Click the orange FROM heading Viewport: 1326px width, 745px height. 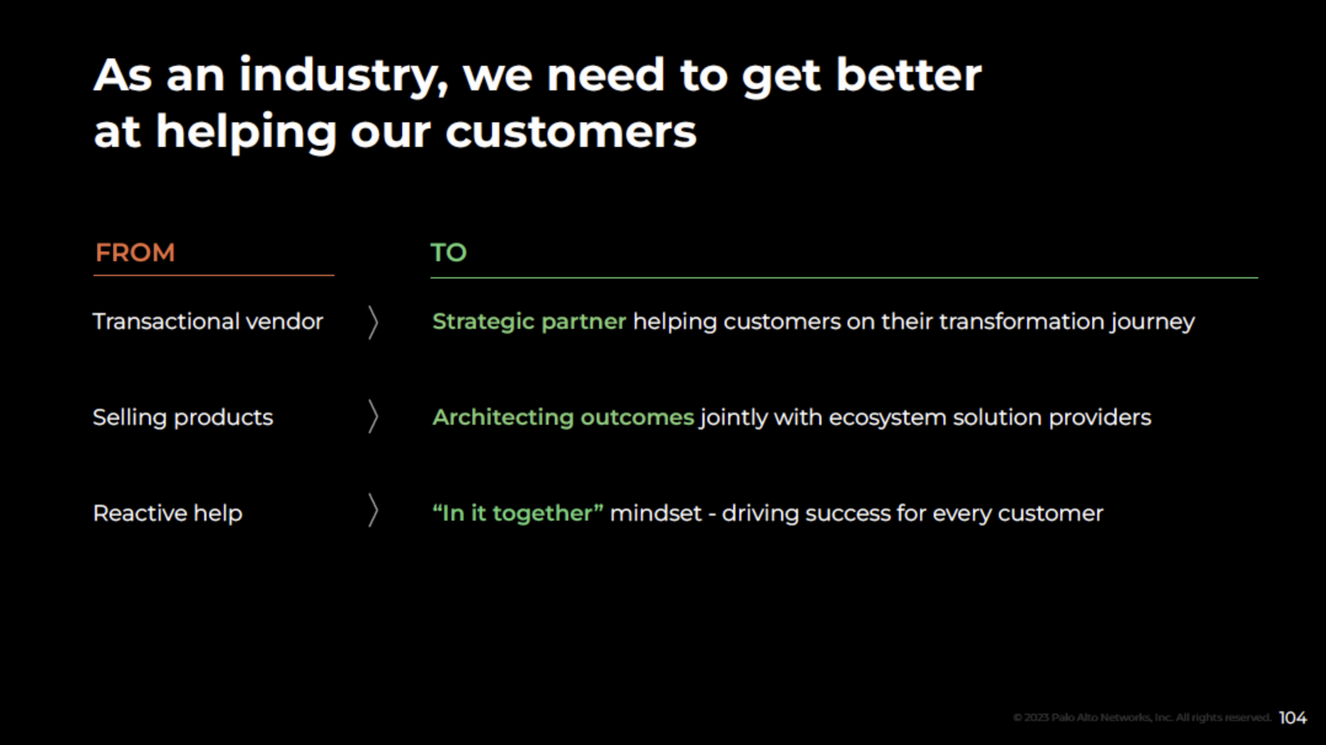[x=135, y=253]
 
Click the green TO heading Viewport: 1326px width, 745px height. [x=448, y=253]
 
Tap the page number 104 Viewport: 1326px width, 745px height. [x=1293, y=718]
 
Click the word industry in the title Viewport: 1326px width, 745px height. [x=343, y=76]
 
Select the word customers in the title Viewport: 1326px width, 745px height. [x=571, y=132]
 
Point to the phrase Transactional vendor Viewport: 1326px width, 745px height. [x=207, y=321]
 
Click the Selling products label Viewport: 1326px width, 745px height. [x=183, y=417]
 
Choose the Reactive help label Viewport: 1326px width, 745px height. [x=167, y=513]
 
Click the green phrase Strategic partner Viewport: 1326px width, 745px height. [x=529, y=321]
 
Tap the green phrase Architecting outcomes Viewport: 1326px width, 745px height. [x=563, y=417]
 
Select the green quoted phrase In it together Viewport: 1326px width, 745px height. [x=517, y=513]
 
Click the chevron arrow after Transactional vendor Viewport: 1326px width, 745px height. [x=373, y=322]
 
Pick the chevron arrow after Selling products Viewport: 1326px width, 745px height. [x=373, y=417]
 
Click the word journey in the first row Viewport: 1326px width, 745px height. [x=1152, y=321]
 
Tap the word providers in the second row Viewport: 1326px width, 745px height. [x=1100, y=417]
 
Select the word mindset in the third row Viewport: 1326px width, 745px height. [x=656, y=513]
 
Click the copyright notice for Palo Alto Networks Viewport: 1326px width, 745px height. [x=1141, y=718]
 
